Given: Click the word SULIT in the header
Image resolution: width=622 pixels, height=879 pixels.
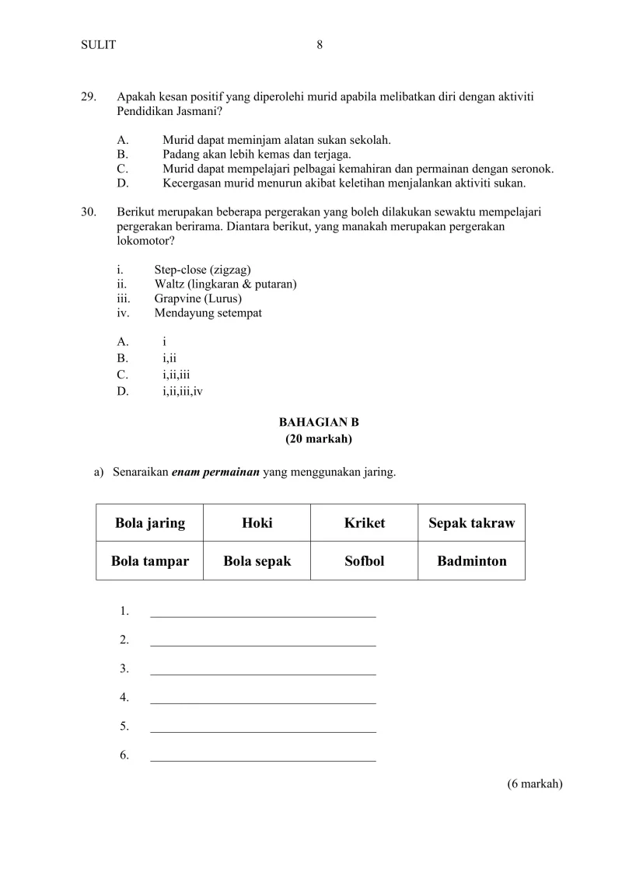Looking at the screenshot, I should [x=98, y=45].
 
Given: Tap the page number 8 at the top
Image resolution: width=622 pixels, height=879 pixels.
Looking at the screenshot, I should [x=320, y=45].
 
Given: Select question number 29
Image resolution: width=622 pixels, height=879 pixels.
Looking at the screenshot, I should [x=88, y=97].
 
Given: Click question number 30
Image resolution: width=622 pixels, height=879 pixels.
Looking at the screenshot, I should [x=88, y=211].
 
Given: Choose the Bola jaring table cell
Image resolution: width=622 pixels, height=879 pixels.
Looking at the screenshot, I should [x=150, y=523].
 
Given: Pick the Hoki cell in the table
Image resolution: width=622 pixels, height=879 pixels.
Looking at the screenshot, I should [x=257, y=523].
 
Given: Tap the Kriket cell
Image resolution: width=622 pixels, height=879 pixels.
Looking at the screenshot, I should [x=364, y=523].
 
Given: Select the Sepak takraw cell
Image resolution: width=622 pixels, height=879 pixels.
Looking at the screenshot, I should [x=471, y=523].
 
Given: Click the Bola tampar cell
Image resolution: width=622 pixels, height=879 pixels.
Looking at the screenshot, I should [x=150, y=561].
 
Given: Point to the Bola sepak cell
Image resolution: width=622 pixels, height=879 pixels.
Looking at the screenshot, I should [x=257, y=561].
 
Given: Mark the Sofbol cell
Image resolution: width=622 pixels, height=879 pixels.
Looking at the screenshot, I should [x=364, y=561].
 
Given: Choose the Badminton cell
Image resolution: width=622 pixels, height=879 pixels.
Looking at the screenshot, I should [x=471, y=561].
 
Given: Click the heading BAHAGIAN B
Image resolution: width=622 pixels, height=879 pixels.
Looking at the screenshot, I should [x=319, y=423].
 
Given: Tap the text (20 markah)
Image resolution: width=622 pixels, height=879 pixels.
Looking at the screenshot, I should [x=319, y=439].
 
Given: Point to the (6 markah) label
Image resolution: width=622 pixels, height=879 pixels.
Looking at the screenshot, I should [x=534, y=783].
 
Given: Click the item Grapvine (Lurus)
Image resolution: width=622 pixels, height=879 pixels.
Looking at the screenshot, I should [x=197, y=298].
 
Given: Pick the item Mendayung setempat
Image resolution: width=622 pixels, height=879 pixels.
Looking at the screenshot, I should [x=208, y=313].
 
